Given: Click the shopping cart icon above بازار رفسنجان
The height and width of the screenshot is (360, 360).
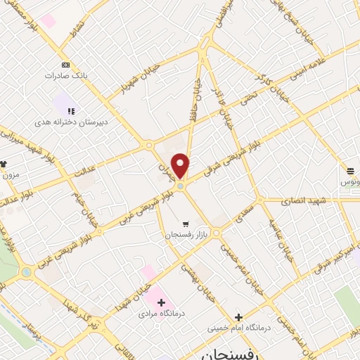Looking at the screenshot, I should point(186,224).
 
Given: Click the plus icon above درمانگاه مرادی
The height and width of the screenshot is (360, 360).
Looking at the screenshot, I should point(162,302).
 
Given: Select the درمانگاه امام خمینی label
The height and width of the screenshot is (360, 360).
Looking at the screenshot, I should point(238,328).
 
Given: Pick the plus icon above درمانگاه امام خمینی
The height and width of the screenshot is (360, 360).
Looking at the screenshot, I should point(238,317).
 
